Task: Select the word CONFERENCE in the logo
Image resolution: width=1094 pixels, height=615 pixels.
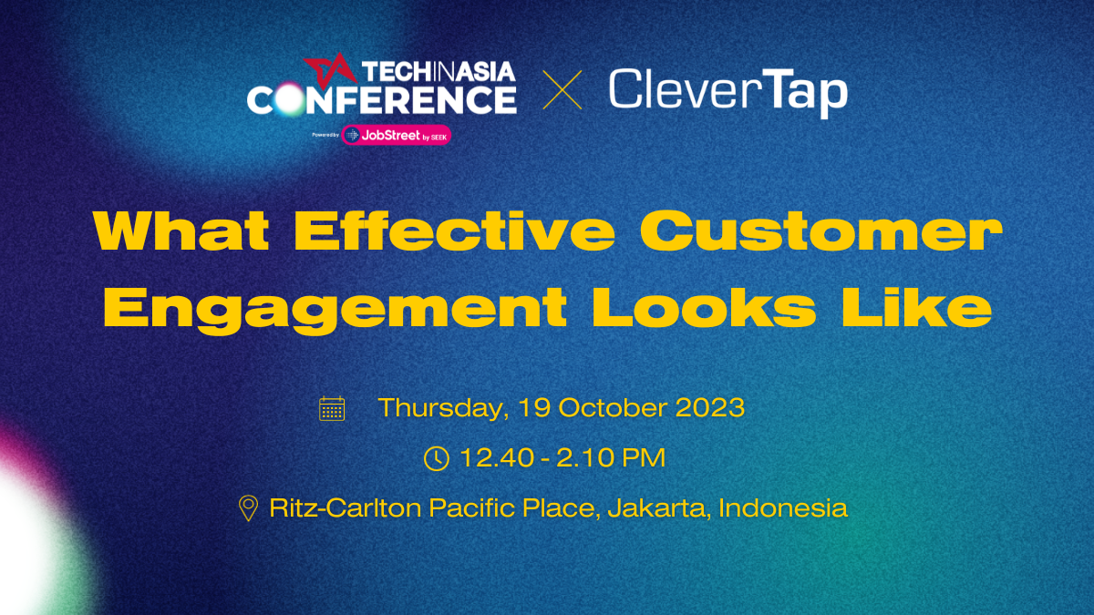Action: pyautogui.click(x=382, y=99)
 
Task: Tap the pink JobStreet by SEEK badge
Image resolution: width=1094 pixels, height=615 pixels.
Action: pyautogui.click(x=397, y=135)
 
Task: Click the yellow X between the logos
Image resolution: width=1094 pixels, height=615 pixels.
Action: pyautogui.click(x=562, y=92)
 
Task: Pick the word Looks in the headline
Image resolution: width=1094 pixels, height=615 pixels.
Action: pyautogui.click(x=704, y=308)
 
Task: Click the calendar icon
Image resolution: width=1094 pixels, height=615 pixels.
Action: pyautogui.click(x=332, y=408)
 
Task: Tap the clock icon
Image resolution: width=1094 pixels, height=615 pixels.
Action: pyautogui.click(x=438, y=458)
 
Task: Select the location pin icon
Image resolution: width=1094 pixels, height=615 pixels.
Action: pyautogui.click(x=247, y=508)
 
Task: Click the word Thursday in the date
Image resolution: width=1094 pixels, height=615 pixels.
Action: pyautogui.click(x=441, y=408)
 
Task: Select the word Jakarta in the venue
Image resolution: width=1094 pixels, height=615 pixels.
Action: pyautogui.click(x=658, y=507)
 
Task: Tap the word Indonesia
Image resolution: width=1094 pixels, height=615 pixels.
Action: pyautogui.click(x=783, y=507)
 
